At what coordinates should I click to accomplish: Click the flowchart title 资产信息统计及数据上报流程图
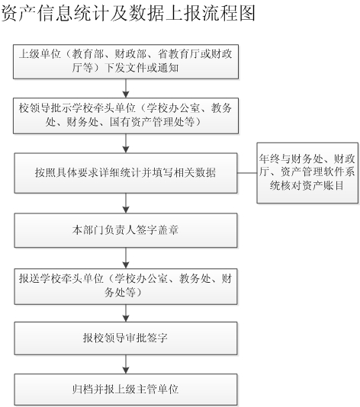pyautogui.click(x=128, y=13)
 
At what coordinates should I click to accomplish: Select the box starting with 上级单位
pyautogui.click(x=126, y=62)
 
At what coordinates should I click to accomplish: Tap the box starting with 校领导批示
pyautogui.click(x=126, y=116)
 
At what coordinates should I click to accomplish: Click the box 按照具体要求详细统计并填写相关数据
pyautogui.click(x=126, y=173)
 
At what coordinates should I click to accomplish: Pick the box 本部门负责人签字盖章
pyautogui.click(x=126, y=230)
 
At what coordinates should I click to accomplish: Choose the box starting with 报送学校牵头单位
pyautogui.click(x=126, y=287)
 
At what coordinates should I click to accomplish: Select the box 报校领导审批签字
pyautogui.click(x=126, y=338)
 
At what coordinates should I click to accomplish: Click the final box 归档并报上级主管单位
pyautogui.click(x=126, y=389)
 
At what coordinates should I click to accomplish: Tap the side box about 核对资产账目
pyautogui.click(x=307, y=172)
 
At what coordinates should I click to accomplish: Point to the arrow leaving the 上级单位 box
pyautogui.click(x=126, y=88)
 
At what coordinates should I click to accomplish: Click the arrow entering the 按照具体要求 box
pyautogui.click(x=126, y=143)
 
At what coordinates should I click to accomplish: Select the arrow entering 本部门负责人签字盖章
pyautogui.click(x=126, y=203)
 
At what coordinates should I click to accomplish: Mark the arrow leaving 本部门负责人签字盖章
pyautogui.click(x=126, y=258)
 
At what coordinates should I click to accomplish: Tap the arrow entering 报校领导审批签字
pyautogui.click(x=126, y=313)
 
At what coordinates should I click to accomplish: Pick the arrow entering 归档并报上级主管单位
pyautogui.click(x=126, y=364)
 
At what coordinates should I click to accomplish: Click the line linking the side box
pyautogui.click(x=247, y=172)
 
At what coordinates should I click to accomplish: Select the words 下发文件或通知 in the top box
pyautogui.click(x=142, y=68)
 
